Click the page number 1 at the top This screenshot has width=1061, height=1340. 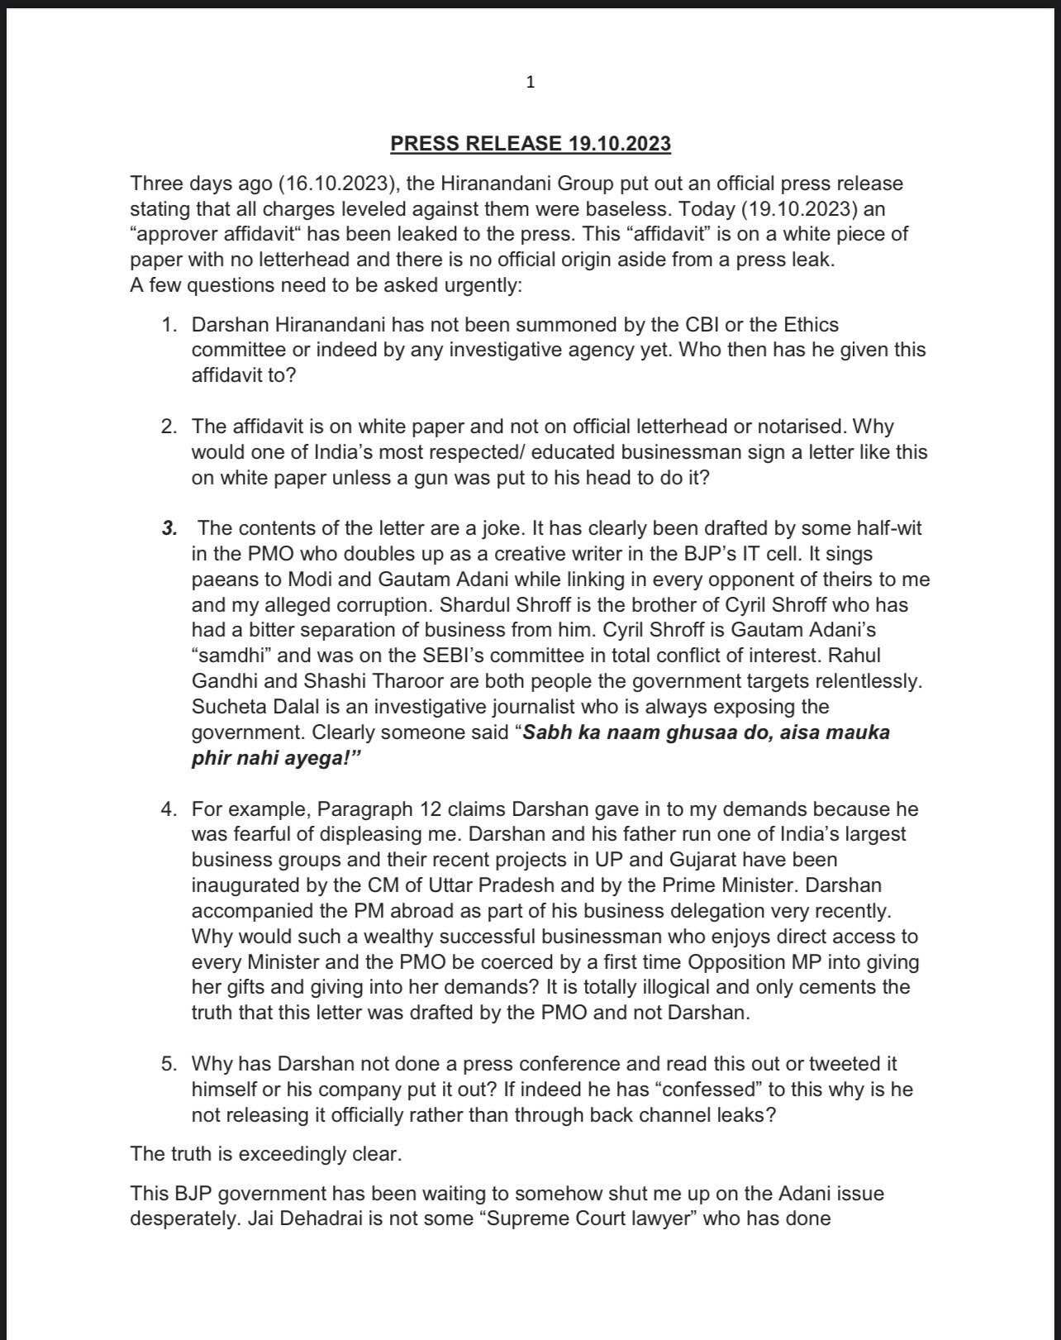(530, 82)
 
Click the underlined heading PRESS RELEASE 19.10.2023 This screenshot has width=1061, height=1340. (530, 144)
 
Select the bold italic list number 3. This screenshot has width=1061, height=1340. (169, 528)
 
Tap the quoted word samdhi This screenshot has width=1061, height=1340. (227, 656)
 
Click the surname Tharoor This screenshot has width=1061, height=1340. (437, 682)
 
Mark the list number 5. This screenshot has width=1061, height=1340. (169, 1064)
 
